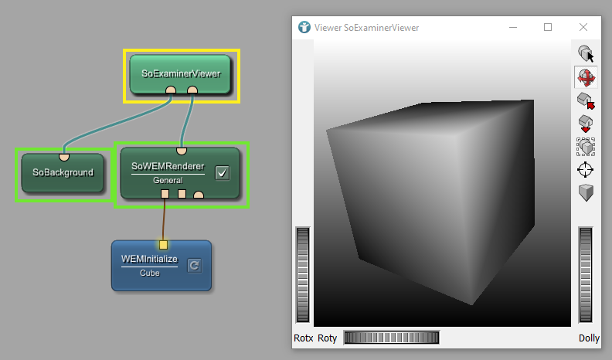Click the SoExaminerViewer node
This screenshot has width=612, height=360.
pos(181,73)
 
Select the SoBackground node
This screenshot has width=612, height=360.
pos(63,172)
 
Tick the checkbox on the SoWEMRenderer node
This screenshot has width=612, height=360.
pos(222,172)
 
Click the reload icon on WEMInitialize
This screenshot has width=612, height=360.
pos(194,265)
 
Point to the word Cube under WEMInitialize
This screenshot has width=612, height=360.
pos(150,273)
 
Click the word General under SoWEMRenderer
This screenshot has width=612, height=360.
pos(167,180)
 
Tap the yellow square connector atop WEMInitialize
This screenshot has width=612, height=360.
pos(163,245)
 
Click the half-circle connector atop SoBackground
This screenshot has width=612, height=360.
pos(65,157)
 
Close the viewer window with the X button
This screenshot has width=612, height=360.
pos(583,27)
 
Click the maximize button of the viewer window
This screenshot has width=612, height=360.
pos(548,27)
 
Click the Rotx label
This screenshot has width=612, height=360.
pos(304,338)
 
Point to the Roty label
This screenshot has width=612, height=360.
pos(328,338)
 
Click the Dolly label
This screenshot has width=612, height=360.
pos(589,338)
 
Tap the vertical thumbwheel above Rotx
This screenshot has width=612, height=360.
pos(303,274)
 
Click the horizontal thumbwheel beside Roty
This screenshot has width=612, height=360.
pos(391,338)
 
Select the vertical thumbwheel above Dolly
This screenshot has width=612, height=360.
pos(586,274)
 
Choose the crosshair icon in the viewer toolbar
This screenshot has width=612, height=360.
pos(586,169)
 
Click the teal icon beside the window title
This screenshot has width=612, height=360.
pos(304,27)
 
